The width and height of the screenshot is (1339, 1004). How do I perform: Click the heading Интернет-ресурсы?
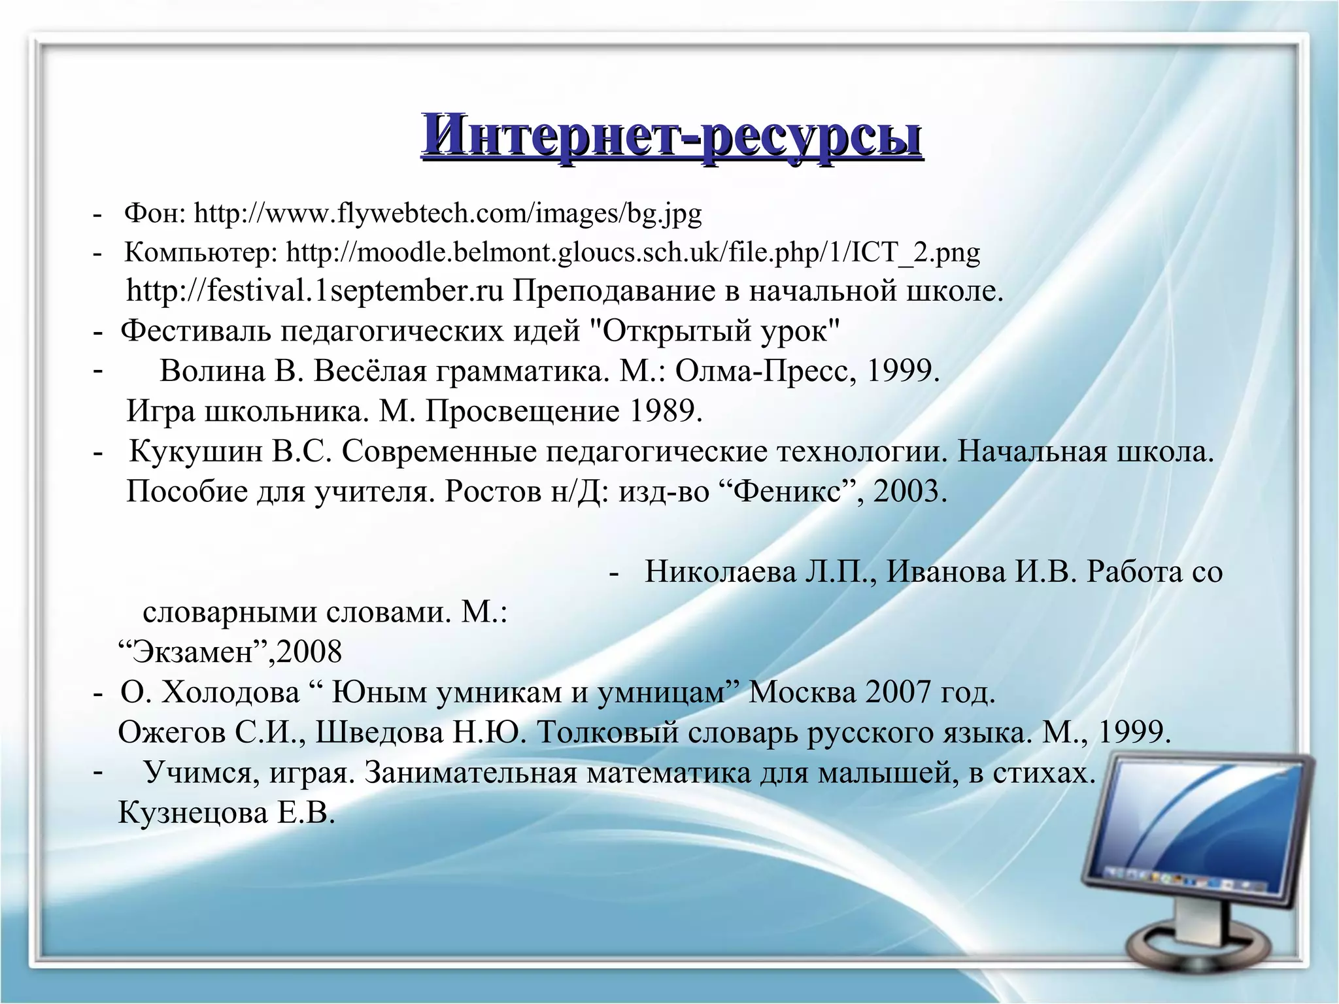click(671, 136)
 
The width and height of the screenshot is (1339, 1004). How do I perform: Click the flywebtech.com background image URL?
click(448, 213)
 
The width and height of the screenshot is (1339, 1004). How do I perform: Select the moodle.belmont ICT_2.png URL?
click(633, 252)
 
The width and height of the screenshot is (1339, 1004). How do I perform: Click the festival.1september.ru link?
click(314, 291)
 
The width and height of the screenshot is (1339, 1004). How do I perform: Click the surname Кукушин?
click(195, 452)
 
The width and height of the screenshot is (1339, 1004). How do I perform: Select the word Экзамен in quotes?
click(196, 652)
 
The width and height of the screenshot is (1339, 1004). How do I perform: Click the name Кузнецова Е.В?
click(226, 813)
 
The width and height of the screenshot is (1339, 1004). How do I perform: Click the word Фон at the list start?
click(155, 213)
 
